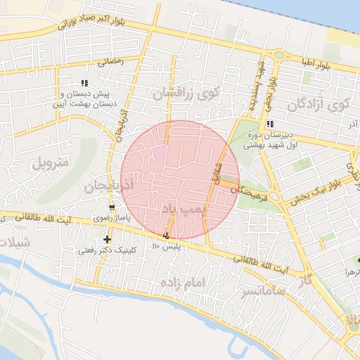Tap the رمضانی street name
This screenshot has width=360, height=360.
coord(110,61)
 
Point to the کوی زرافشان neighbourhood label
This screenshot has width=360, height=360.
coord(186,92)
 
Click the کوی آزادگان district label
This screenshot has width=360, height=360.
coord(318,106)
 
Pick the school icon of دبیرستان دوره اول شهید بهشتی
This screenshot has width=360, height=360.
coord(270,124)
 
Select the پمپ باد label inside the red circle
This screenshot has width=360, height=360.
coord(181,209)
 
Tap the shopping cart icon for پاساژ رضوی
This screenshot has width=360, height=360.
coord(112,207)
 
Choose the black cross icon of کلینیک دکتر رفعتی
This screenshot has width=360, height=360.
coord(107,240)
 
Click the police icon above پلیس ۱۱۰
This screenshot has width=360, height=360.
coord(167,236)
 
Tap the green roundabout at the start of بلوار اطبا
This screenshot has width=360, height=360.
coord(278,55)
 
